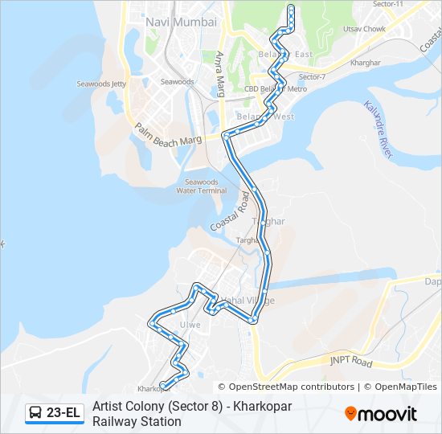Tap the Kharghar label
click(x=366, y=62)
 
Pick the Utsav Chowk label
click(x=364, y=29)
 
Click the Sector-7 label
click(x=312, y=76)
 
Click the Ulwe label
click(x=190, y=325)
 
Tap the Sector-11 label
click(x=389, y=5)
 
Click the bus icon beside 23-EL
click(x=35, y=413)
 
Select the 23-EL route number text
click(x=63, y=413)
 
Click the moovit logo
click(x=381, y=414)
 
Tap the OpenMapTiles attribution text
click(x=406, y=387)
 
